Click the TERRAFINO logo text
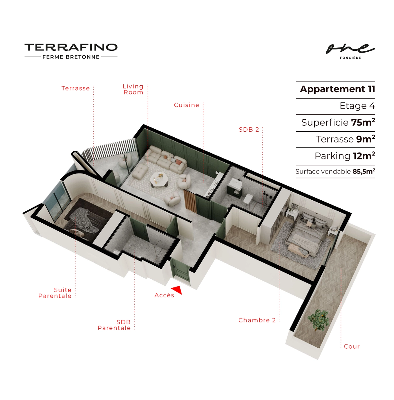click(71, 47)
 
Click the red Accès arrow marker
click(177, 290)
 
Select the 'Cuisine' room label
click(187, 105)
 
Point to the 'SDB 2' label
click(249, 130)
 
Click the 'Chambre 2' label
click(257, 320)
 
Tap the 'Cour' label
click(352, 347)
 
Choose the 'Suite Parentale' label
click(55, 293)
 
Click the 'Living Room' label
click(133, 89)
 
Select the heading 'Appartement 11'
click(338, 89)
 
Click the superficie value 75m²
click(363, 122)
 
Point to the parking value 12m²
click(364, 156)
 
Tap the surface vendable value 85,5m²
click(364, 171)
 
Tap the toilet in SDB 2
click(248, 199)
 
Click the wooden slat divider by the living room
click(190, 201)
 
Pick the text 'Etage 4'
click(357, 106)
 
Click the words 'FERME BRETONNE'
click(71, 57)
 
